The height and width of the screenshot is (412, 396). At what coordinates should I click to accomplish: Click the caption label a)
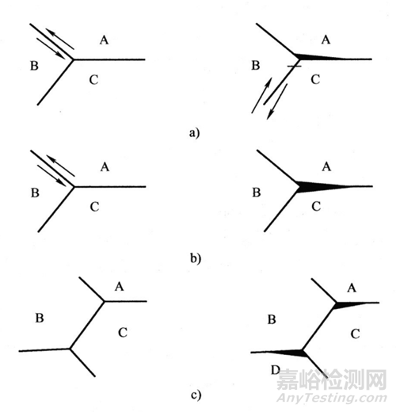click(x=194, y=132)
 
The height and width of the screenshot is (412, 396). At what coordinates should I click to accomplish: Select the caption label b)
click(x=196, y=258)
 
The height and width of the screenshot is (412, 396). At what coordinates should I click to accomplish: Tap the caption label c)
click(x=196, y=395)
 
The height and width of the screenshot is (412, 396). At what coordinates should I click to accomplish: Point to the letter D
click(x=276, y=370)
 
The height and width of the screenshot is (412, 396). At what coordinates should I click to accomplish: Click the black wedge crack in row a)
click(x=321, y=57)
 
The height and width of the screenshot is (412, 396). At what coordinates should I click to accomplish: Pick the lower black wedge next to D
click(x=287, y=353)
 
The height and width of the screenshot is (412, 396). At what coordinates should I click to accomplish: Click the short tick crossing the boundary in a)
click(x=294, y=66)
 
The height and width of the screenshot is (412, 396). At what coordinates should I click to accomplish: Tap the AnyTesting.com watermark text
click(x=332, y=398)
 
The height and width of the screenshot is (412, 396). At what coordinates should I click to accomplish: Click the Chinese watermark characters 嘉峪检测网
click(x=332, y=380)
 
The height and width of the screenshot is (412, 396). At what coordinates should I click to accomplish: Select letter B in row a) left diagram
click(x=34, y=66)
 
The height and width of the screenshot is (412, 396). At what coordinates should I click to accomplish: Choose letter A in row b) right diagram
click(x=326, y=166)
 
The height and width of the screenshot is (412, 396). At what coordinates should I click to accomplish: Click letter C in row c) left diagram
click(x=123, y=333)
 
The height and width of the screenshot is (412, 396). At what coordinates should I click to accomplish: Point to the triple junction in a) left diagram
click(x=74, y=59)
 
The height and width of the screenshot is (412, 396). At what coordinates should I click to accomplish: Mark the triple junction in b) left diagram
click(x=74, y=187)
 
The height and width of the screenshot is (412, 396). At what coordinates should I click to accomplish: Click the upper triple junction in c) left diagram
click(x=105, y=301)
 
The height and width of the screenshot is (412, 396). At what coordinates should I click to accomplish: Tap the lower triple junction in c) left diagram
click(x=70, y=349)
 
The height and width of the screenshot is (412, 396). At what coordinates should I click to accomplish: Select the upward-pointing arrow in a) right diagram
click(x=261, y=95)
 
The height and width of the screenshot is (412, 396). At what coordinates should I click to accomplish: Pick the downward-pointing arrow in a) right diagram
click(x=277, y=101)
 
